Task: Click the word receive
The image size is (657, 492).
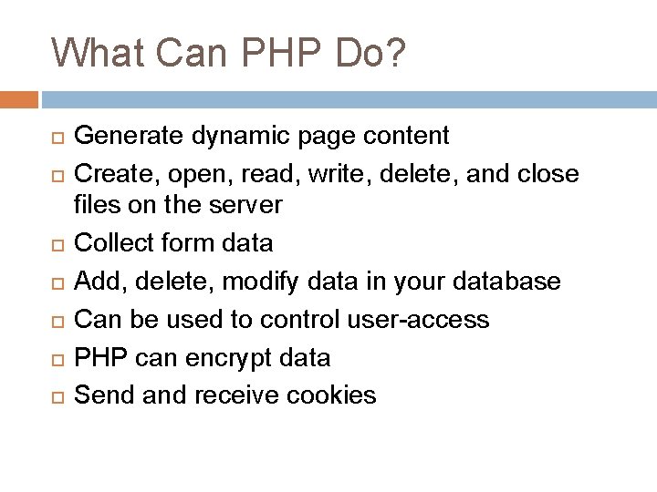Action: (x=234, y=395)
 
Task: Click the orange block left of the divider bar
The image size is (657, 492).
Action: (x=19, y=98)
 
